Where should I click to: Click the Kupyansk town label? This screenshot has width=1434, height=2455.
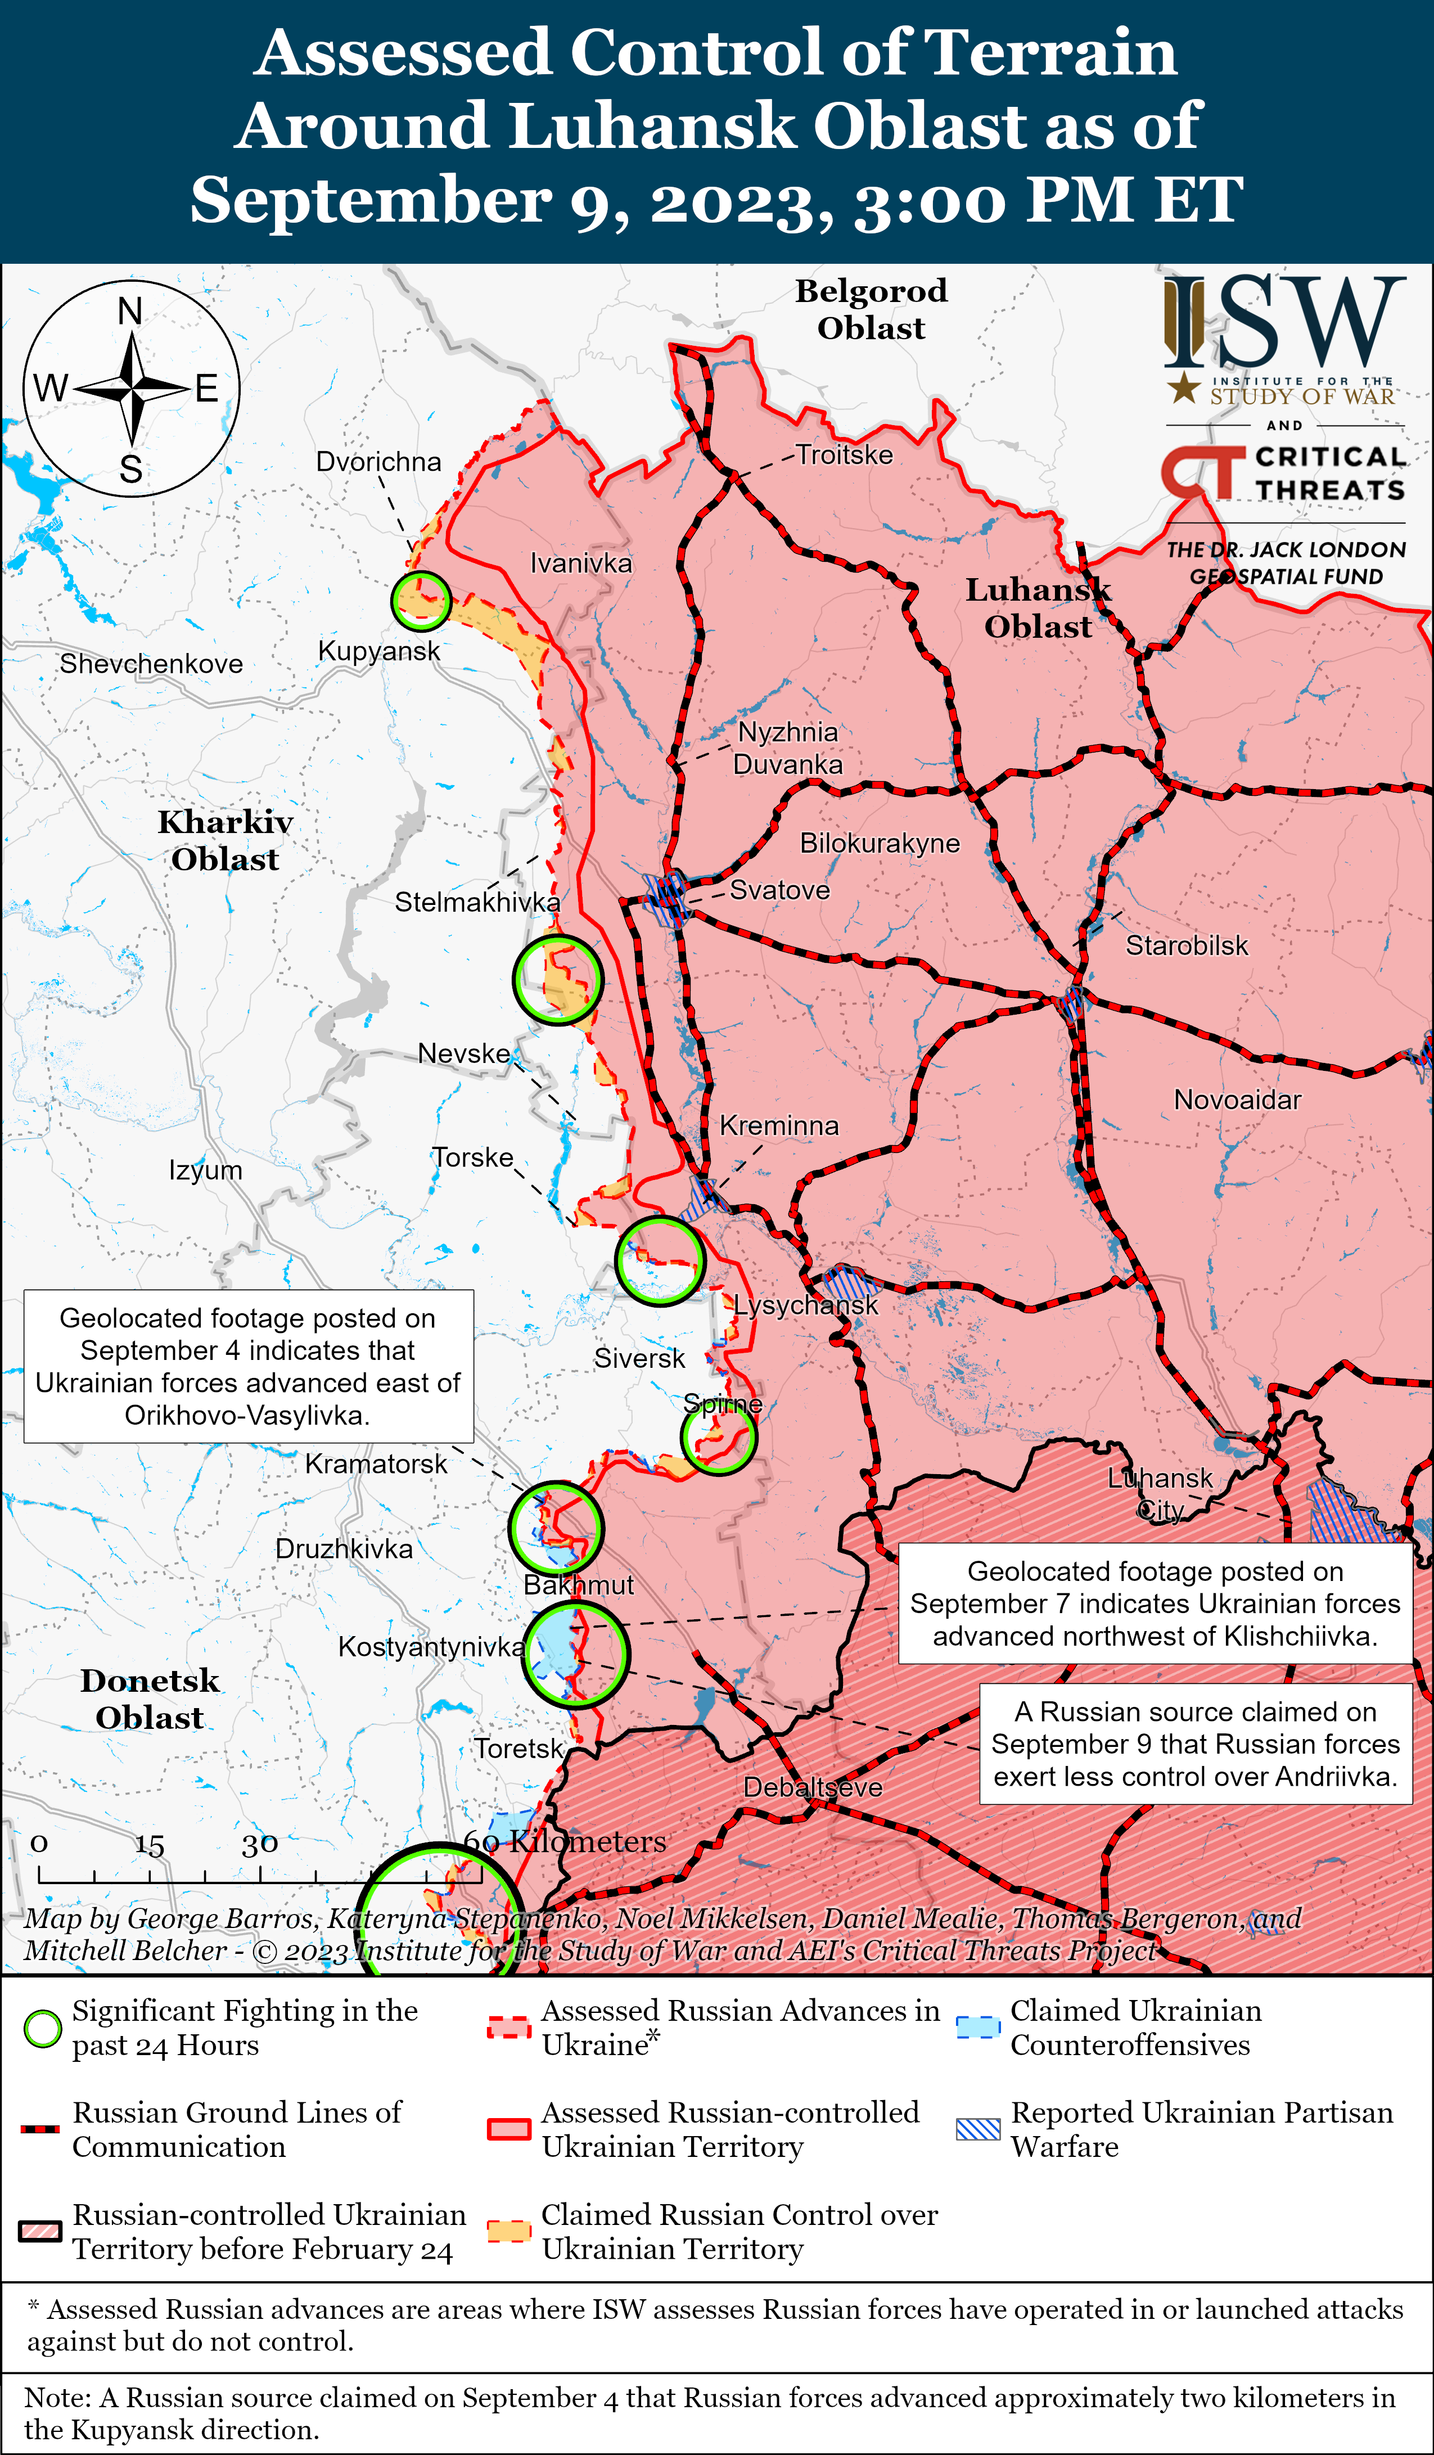[x=379, y=651]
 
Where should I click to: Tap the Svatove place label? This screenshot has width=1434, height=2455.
[x=779, y=889]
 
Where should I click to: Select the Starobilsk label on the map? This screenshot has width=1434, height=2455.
[x=1187, y=945]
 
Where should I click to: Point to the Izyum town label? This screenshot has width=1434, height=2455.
[x=206, y=1169]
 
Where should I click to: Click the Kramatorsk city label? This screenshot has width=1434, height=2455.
[x=376, y=1463]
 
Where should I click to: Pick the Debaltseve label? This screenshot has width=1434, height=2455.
[x=813, y=1787]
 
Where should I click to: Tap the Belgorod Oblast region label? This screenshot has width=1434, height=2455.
[x=871, y=309]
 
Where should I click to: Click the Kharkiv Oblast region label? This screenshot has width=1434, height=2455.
[x=225, y=840]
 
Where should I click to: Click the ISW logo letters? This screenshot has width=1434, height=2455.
[x=1284, y=322]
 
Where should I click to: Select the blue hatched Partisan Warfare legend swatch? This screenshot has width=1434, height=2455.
[x=978, y=2129]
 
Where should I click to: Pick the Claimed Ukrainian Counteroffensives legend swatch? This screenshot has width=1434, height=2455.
[x=978, y=2028]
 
